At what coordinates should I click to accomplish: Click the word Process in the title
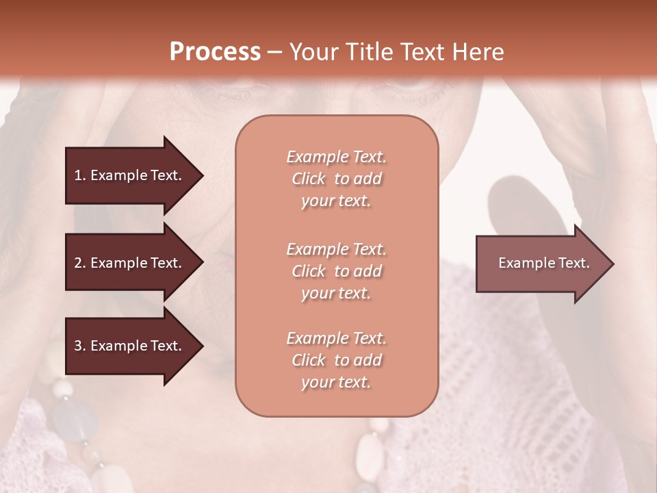[x=215, y=51]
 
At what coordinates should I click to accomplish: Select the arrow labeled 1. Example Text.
[x=130, y=175]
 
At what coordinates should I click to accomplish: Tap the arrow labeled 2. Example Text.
[x=130, y=263]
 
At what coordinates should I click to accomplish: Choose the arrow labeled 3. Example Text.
[x=130, y=346]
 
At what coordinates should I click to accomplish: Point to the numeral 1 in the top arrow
[x=77, y=175]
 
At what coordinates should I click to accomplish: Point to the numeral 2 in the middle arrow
[x=78, y=263]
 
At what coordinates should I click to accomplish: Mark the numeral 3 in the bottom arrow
[x=78, y=346]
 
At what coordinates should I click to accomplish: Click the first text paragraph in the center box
[x=336, y=179]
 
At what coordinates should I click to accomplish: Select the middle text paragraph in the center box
[x=336, y=271]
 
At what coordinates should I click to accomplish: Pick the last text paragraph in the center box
[x=336, y=360]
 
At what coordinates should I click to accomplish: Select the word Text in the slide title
[x=424, y=51]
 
